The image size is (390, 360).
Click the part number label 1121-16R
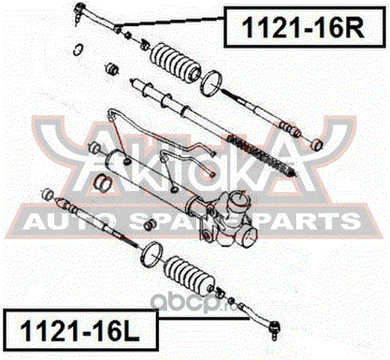point(303,28)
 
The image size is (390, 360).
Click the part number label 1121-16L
point(80,331)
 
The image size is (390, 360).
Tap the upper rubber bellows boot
point(175,63)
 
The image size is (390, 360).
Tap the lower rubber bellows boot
point(189,274)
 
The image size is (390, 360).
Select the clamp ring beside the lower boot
point(151,254)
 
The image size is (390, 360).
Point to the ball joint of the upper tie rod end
point(79,10)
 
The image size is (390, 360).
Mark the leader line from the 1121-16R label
point(169,22)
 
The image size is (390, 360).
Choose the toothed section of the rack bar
point(260,154)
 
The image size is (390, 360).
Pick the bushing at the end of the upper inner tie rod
point(316,145)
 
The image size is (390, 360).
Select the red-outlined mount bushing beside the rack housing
point(103,181)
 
